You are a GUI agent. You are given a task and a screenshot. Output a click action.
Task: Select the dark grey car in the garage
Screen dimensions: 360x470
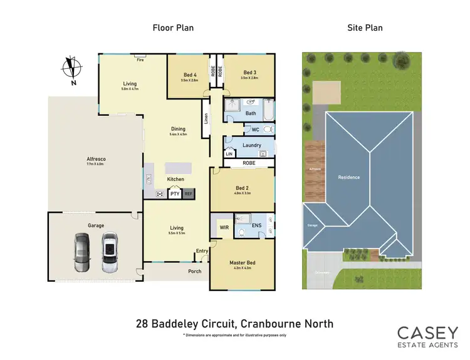pyautogui.click(x=82, y=252)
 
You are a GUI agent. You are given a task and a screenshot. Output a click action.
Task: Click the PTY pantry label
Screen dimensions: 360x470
pyautogui.click(x=175, y=194)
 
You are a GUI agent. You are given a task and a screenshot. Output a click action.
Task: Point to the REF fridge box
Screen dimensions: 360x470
pyautogui.click(x=188, y=194)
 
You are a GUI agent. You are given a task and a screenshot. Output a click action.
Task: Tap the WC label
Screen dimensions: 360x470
pyautogui.click(x=255, y=130)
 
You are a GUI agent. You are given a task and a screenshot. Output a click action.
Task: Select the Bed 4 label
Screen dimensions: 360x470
pyautogui.click(x=190, y=73)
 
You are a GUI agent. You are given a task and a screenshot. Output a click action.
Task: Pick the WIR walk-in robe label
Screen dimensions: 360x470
pyautogui.click(x=222, y=225)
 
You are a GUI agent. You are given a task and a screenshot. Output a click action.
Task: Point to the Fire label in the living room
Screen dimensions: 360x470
pyautogui.click(x=140, y=60)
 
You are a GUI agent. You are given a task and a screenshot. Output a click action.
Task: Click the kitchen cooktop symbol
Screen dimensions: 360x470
pyautogui.click(x=160, y=194)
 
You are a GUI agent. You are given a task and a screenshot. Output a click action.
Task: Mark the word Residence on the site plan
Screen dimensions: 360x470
pyautogui.click(x=349, y=177)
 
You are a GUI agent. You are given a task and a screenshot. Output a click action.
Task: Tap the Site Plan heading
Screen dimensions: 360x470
pyautogui.click(x=365, y=28)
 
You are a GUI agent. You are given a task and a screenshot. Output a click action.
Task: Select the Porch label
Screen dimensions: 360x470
pyautogui.click(x=195, y=271)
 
